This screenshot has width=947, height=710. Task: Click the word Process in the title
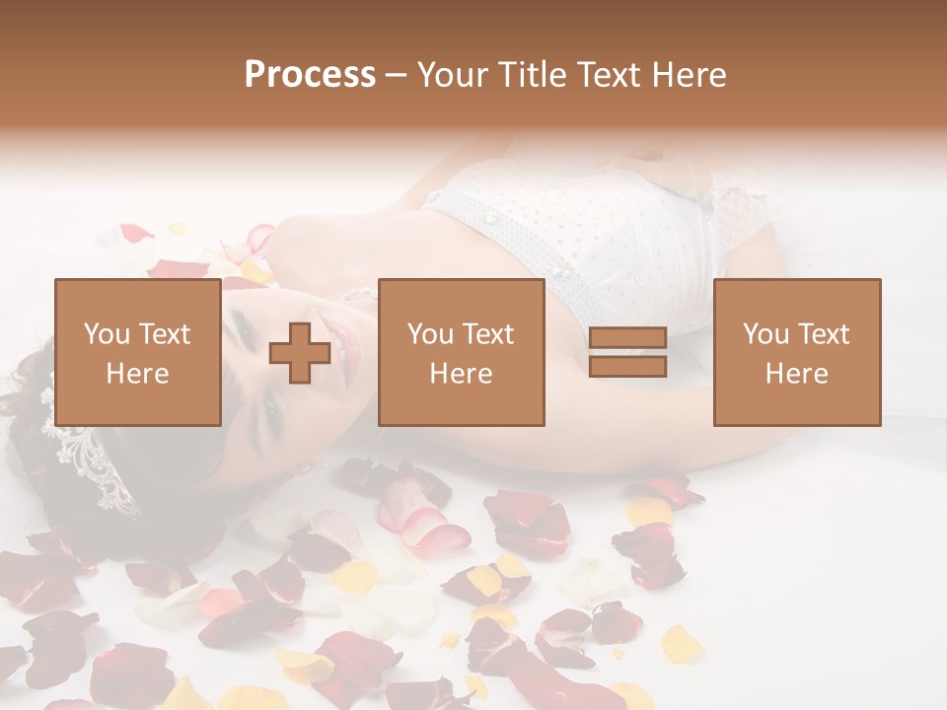coord(310,75)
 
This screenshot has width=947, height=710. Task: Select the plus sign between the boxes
coord(300,353)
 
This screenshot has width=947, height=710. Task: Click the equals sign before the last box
coord(627,352)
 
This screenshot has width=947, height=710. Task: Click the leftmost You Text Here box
coord(138,352)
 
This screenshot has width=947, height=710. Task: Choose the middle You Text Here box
coord(462,352)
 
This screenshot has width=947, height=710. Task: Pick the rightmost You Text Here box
coord(797,352)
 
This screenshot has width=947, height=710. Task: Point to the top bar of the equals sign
coord(627,338)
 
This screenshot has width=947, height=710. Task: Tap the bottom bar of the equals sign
coord(627,366)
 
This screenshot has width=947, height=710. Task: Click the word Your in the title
coord(453,75)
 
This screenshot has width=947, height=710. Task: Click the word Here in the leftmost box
coord(138,374)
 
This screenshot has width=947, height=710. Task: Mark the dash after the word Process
coord(396,75)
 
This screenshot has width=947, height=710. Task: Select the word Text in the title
coord(607,75)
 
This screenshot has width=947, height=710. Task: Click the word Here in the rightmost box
coord(797,374)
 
